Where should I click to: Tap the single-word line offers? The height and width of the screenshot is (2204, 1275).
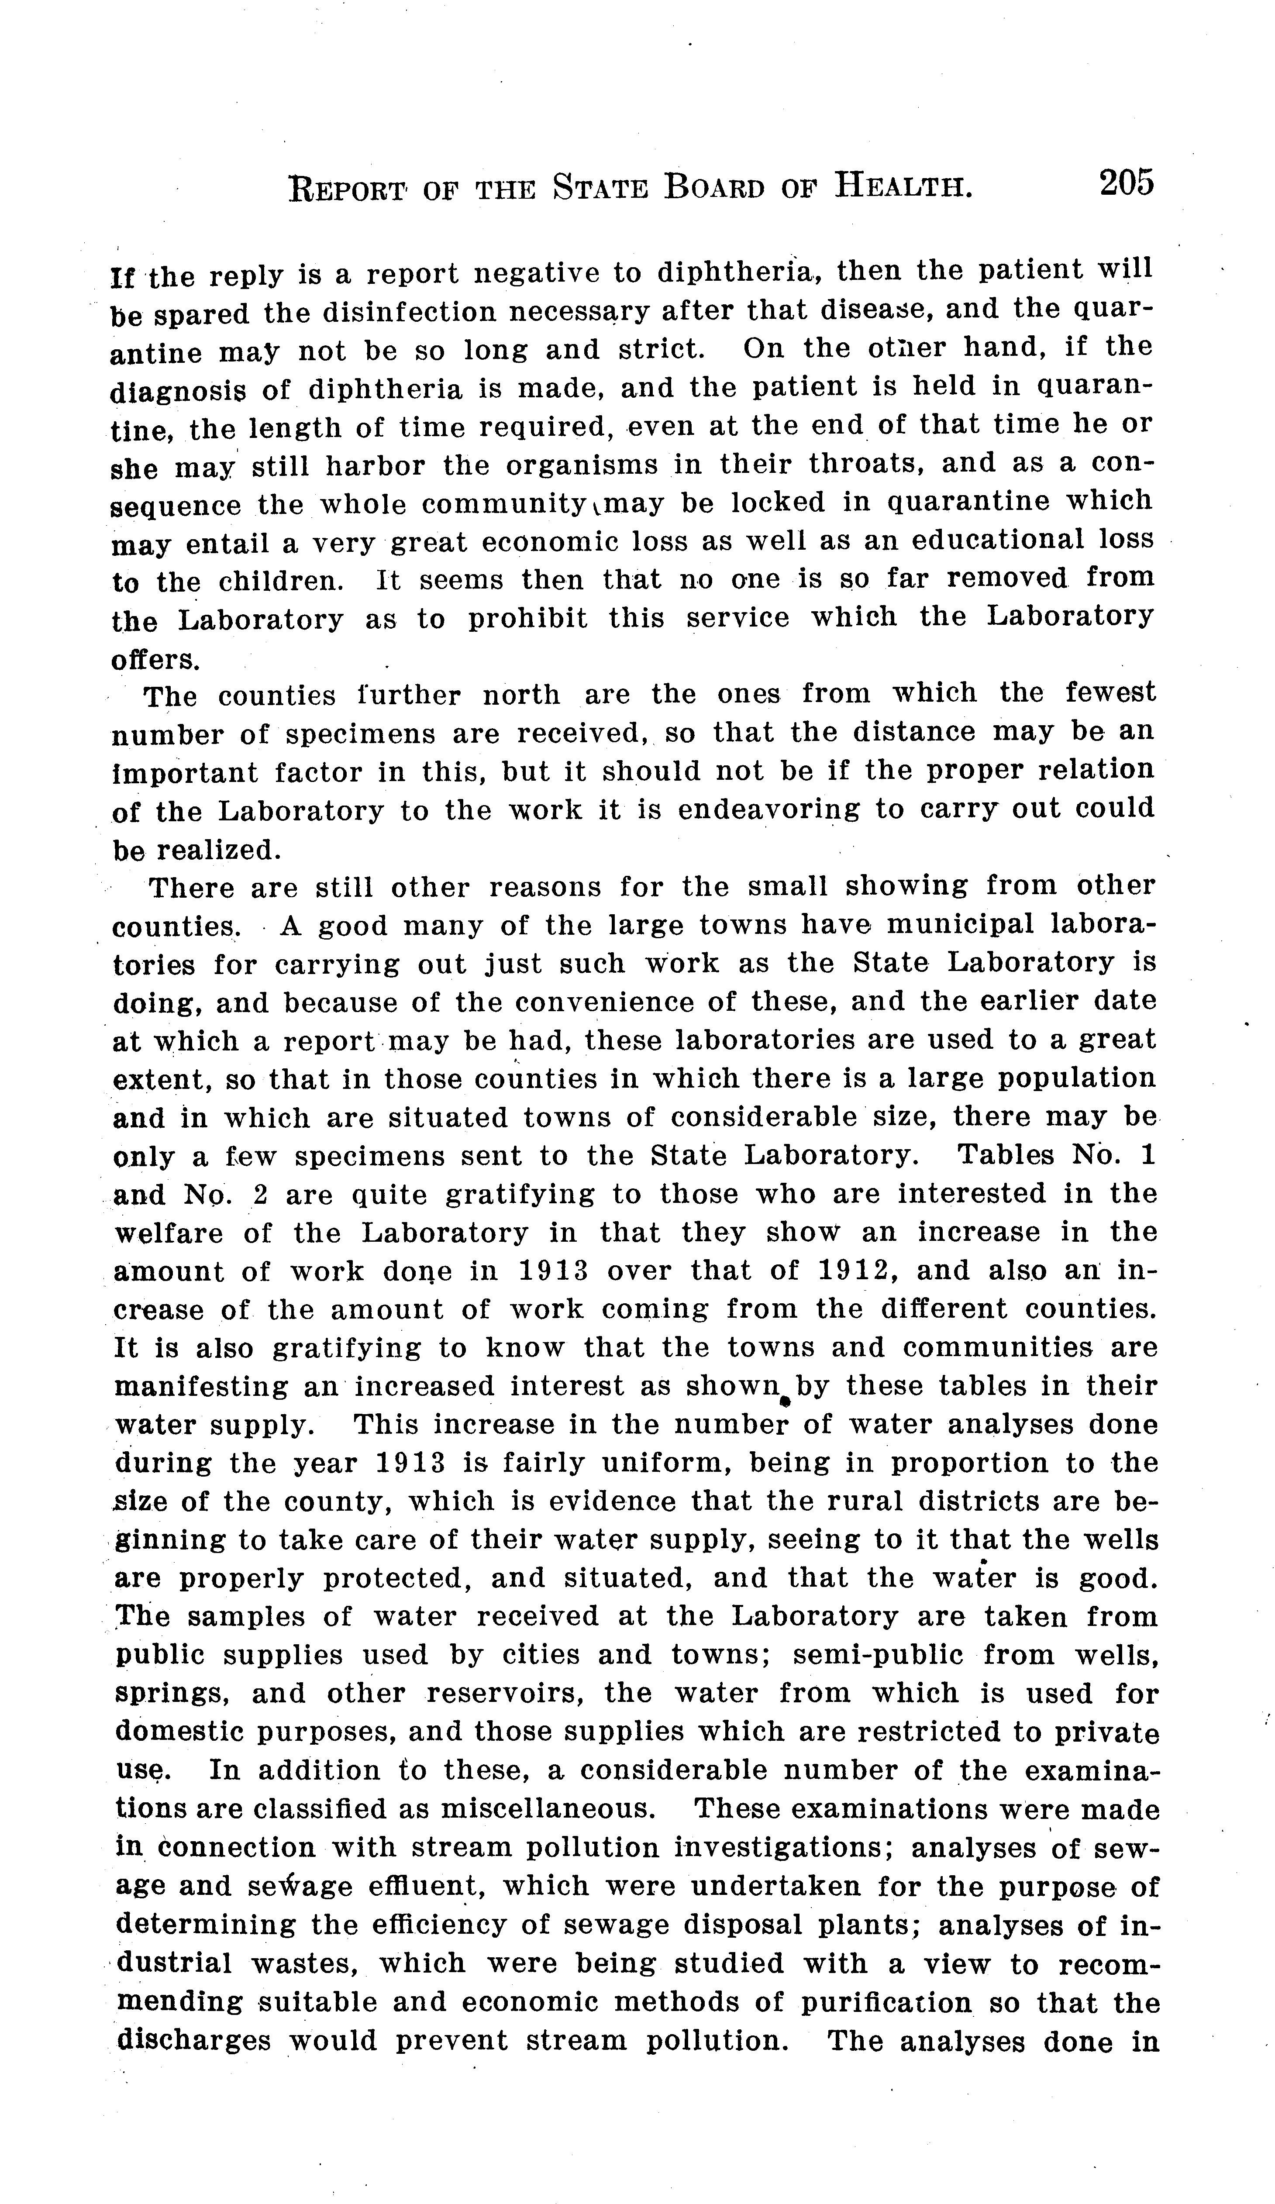[x=155, y=658]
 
